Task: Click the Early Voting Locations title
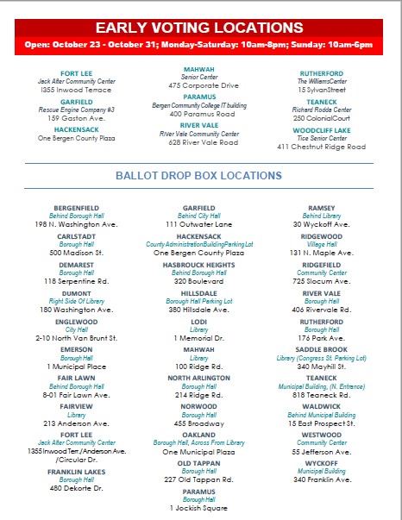click(199, 28)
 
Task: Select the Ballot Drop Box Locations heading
click(198, 176)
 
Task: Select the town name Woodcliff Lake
click(321, 130)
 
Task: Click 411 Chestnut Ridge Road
click(321, 147)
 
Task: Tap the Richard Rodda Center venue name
click(321, 110)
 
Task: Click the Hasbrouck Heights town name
click(199, 265)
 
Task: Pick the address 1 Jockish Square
click(199, 508)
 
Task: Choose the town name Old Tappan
click(199, 462)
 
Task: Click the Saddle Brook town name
click(321, 349)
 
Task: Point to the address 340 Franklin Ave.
click(321, 479)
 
